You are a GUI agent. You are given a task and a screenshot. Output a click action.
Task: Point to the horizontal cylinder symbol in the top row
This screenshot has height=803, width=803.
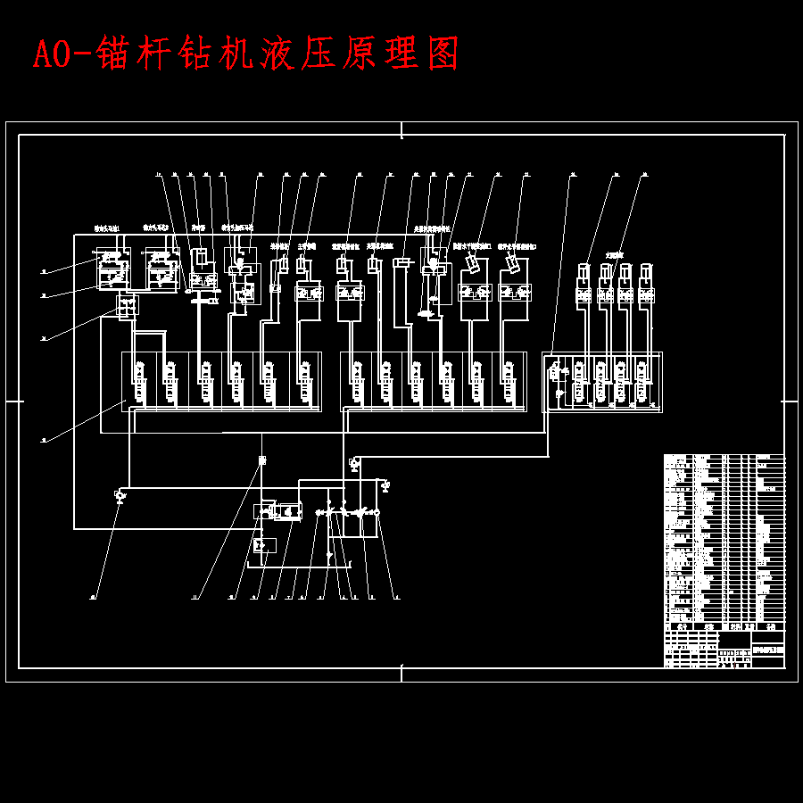[401, 261]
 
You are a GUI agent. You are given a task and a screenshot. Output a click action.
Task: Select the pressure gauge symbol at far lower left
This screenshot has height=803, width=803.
[120, 494]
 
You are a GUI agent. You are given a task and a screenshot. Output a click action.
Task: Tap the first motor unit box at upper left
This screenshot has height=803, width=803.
[113, 267]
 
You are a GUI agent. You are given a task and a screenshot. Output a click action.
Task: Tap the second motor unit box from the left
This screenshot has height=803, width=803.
[161, 267]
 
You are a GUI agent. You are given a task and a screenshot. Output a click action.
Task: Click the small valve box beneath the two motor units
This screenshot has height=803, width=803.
[128, 307]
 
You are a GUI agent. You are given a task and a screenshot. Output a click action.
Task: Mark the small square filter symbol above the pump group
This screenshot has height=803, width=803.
[262, 460]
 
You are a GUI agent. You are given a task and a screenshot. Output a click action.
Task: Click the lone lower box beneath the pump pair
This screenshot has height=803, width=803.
[265, 544]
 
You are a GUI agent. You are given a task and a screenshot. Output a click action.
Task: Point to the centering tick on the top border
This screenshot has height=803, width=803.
[401, 131]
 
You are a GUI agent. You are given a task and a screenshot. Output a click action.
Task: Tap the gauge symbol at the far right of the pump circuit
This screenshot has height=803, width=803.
[385, 485]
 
